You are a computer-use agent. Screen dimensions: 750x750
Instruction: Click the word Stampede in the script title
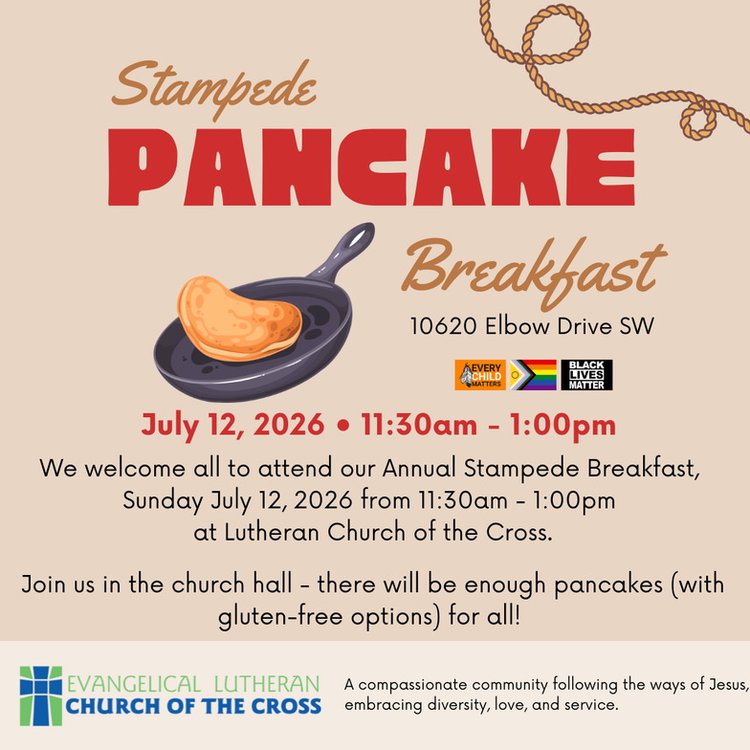[x=214, y=88]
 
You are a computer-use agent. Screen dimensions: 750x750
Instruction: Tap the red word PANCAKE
[x=371, y=167]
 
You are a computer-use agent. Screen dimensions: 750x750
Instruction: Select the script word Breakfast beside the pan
[x=534, y=270]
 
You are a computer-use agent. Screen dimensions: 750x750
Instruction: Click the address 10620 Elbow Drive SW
[x=532, y=326]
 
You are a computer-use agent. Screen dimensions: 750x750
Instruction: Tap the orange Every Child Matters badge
[x=480, y=375]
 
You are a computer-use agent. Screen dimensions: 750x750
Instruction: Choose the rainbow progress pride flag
[x=533, y=375]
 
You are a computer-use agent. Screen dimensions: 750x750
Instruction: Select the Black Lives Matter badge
[x=586, y=375]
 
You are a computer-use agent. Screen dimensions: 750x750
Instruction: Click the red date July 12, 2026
[x=233, y=425]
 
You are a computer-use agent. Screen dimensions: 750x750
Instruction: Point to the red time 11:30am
[x=419, y=425]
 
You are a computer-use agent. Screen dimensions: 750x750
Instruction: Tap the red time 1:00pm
[x=562, y=425]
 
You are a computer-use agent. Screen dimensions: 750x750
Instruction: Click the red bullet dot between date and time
[x=342, y=425]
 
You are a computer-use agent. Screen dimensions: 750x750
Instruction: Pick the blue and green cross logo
[x=40, y=696]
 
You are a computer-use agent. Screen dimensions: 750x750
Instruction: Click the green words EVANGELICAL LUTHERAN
[x=193, y=684]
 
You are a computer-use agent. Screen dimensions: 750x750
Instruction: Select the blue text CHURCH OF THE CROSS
[x=193, y=706]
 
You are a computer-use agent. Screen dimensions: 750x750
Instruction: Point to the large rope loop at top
[x=558, y=33]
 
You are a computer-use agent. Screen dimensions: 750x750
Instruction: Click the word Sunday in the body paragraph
[x=163, y=501]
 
